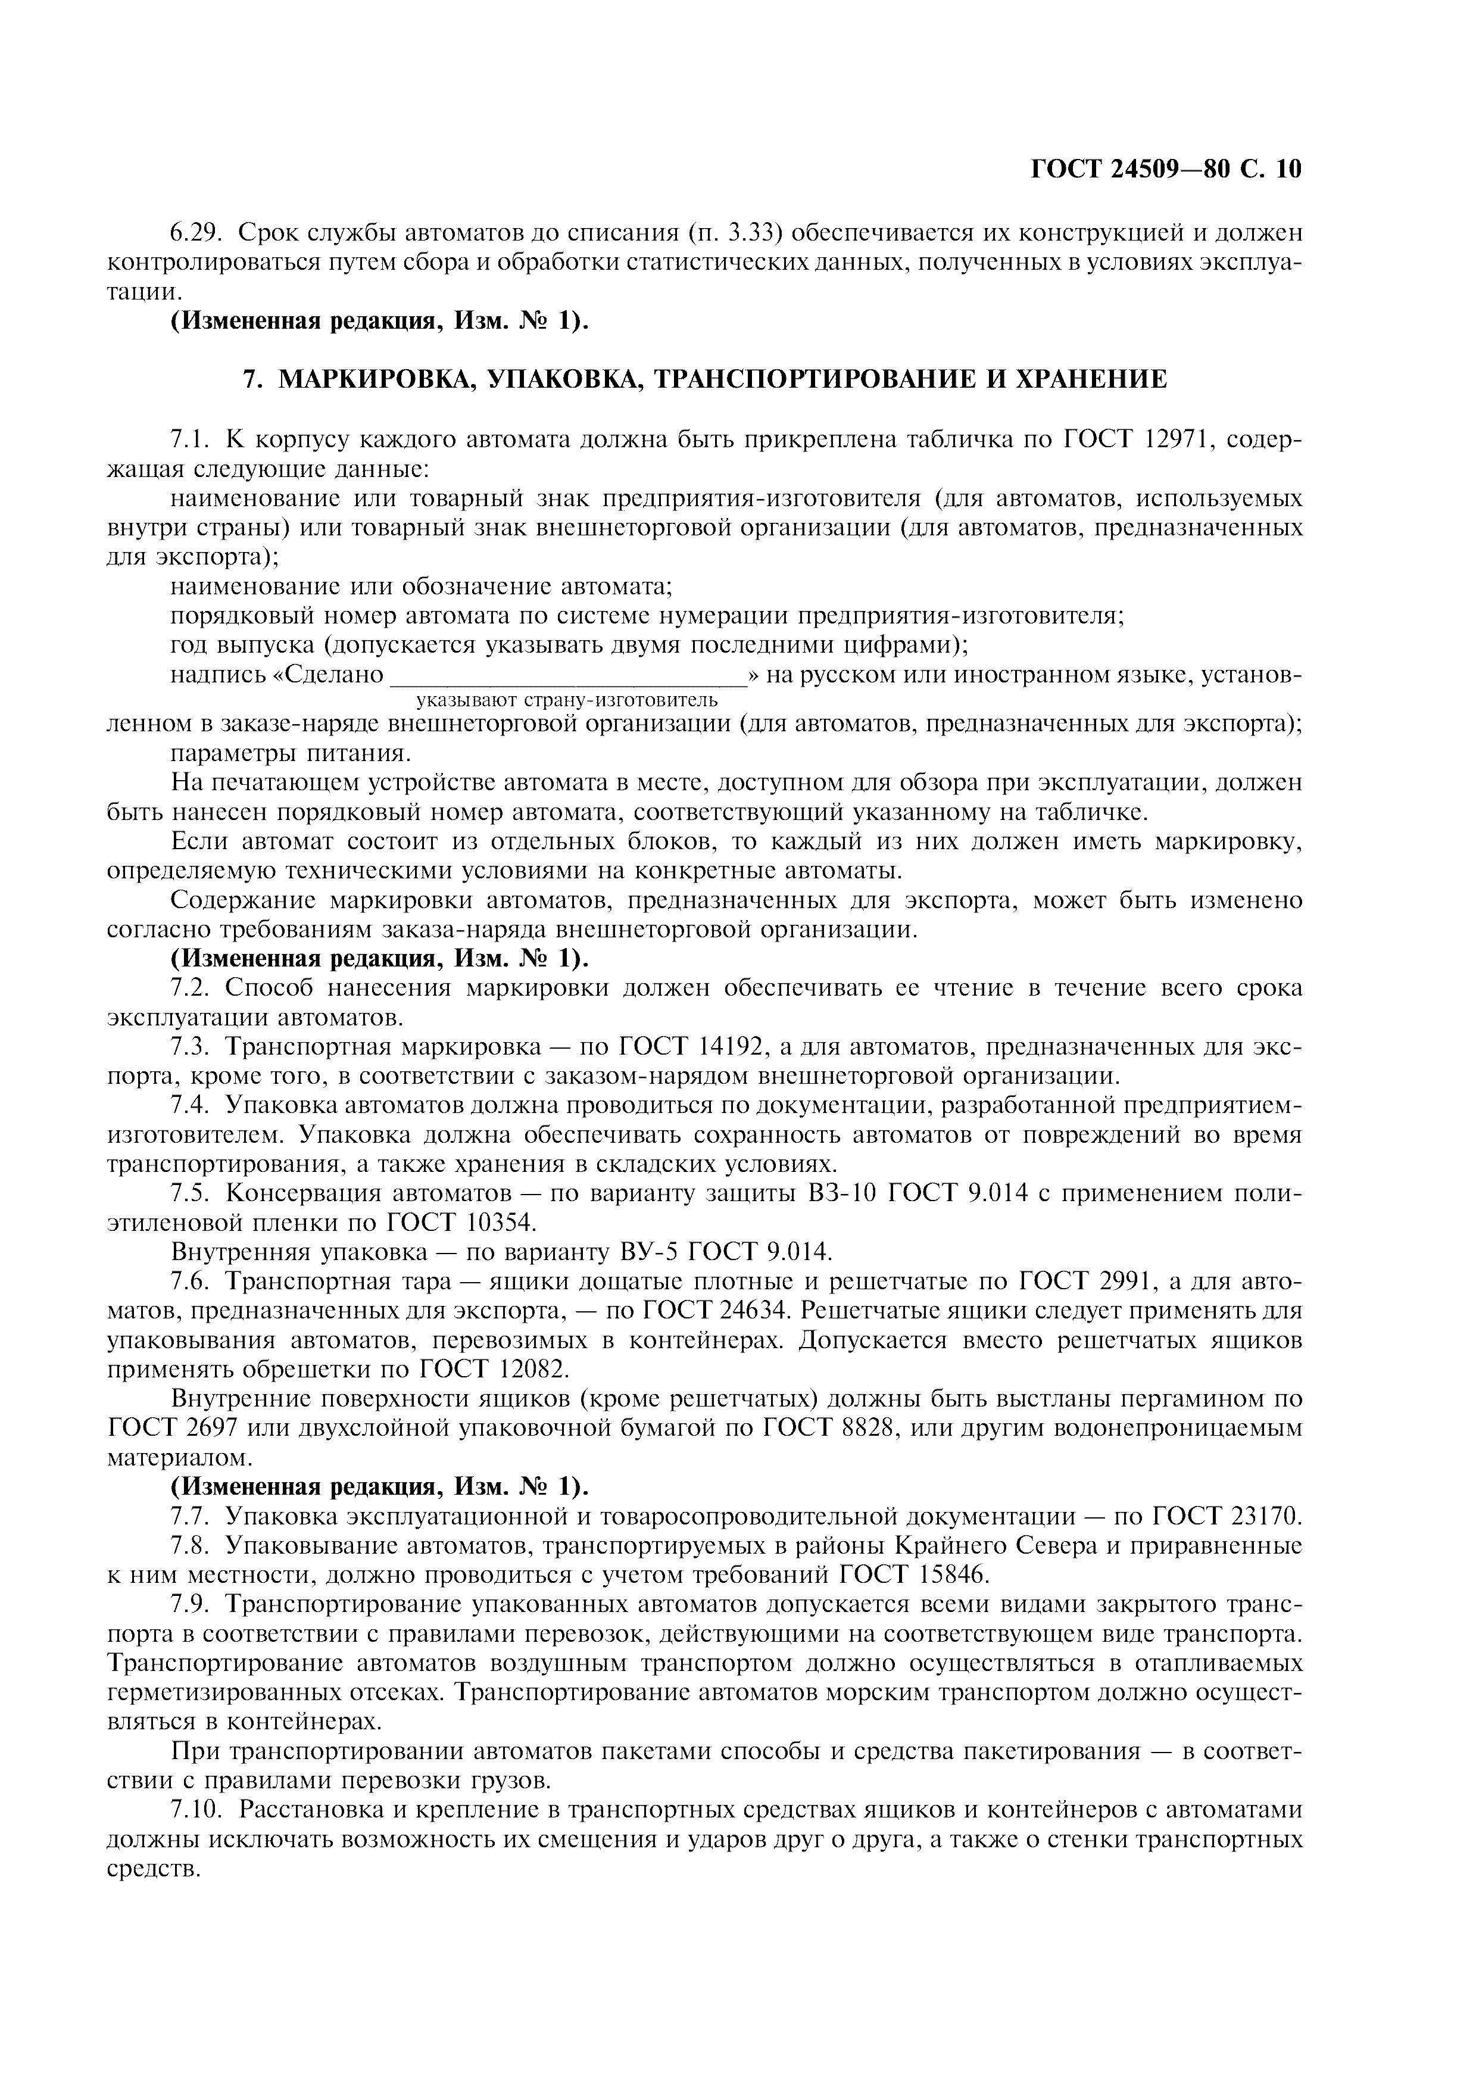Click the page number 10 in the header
1288,169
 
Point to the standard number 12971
1163,439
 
